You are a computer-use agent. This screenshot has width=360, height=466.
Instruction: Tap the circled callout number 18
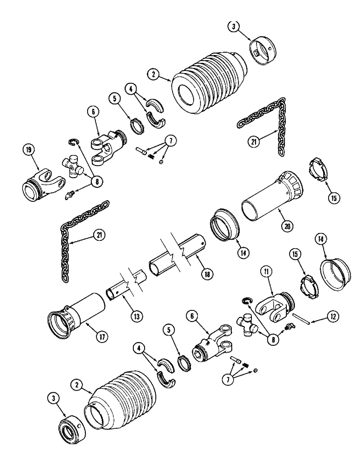[x=204, y=274]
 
